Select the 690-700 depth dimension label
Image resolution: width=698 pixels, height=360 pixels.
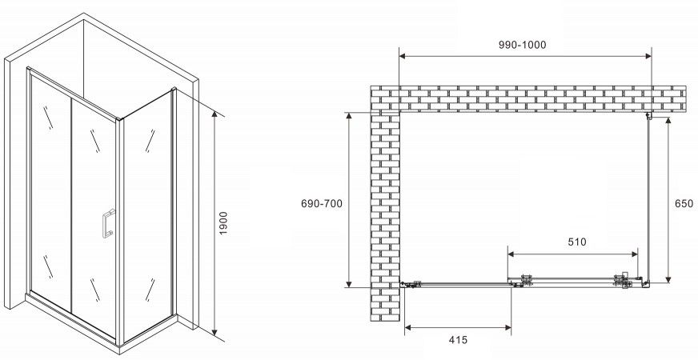pos(322,204)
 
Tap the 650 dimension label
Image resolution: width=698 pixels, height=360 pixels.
pos(684,204)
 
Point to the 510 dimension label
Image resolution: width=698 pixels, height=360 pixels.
pos(577,242)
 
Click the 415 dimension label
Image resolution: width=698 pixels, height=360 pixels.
pos(458,341)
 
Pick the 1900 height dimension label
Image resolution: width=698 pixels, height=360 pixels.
pos(223,223)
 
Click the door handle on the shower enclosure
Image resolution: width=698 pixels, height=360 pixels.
pos(108,223)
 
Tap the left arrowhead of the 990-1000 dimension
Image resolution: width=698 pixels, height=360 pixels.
pos(403,56)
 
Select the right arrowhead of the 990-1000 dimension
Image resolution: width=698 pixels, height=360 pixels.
pos(648,56)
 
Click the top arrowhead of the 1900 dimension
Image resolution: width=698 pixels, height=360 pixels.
pos(215,114)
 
